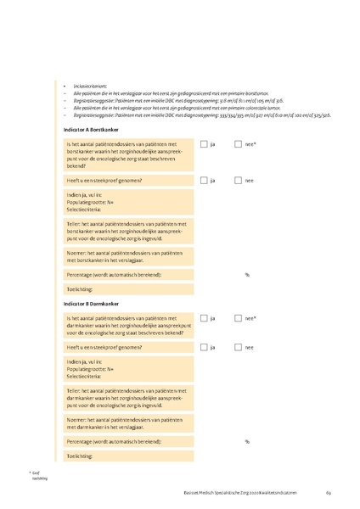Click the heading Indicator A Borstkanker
click(92, 128)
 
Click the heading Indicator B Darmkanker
click(91, 303)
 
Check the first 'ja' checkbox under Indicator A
click(204, 145)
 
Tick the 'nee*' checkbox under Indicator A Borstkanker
click(239, 145)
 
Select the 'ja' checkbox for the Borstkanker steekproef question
click(204, 181)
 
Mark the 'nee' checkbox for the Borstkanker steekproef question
click(239, 181)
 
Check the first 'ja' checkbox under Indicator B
click(204, 318)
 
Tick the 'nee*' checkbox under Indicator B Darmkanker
click(239, 318)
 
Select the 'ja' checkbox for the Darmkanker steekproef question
click(204, 347)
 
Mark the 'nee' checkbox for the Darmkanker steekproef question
click(239, 347)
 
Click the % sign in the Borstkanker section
click(247, 275)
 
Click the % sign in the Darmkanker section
click(247, 441)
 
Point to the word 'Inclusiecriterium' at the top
click(90, 87)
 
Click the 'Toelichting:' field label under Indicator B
click(79, 456)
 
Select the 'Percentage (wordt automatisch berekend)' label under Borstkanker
click(113, 275)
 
